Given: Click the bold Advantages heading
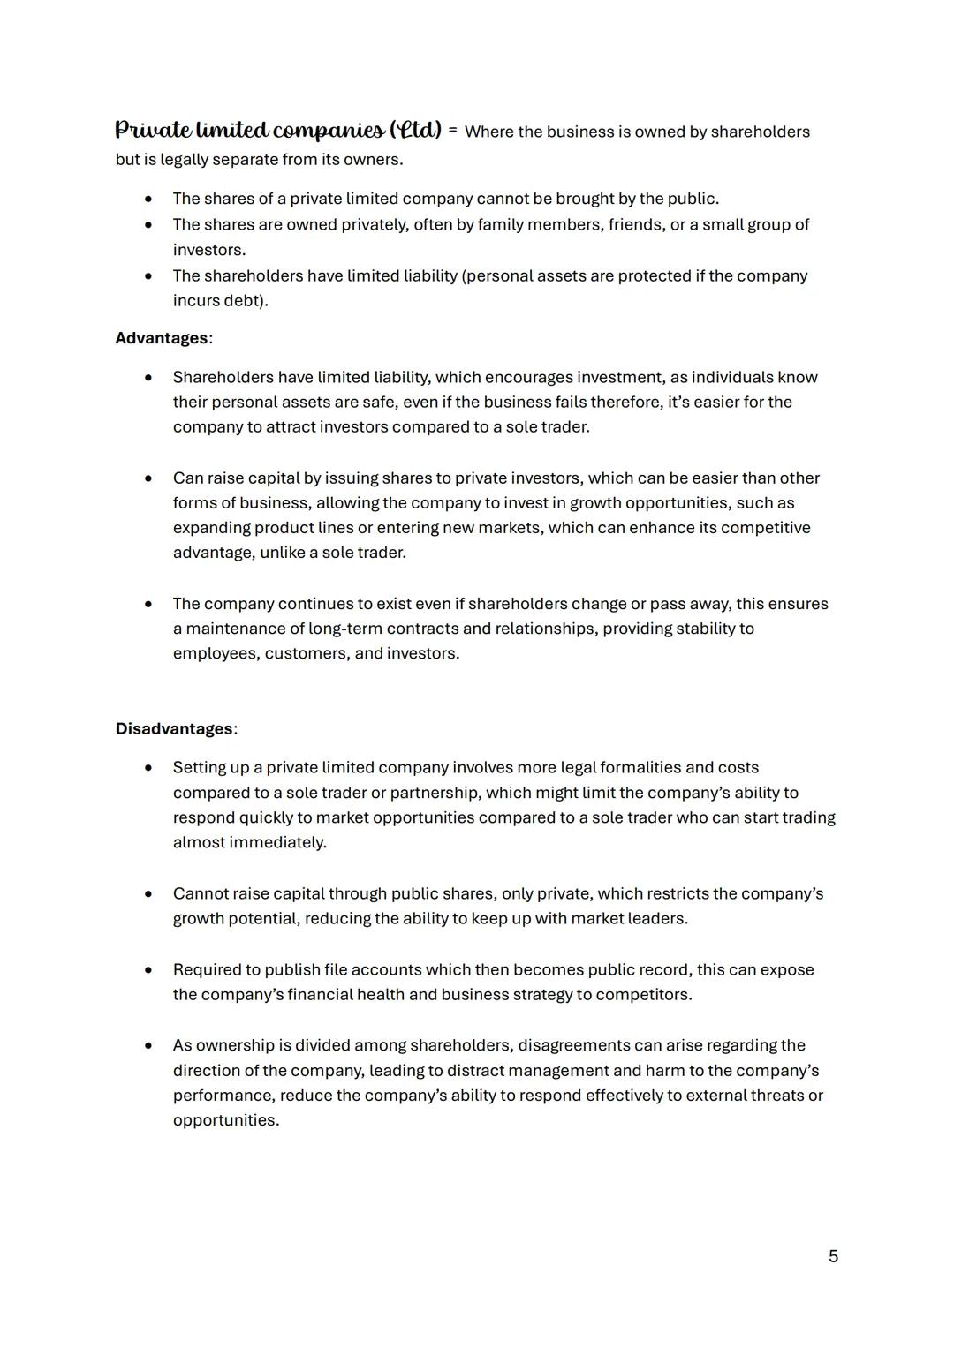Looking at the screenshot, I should click(162, 338).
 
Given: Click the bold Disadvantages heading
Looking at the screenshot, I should click(174, 729).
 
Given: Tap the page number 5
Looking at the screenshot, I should click(833, 1256).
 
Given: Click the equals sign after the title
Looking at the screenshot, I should click(452, 131).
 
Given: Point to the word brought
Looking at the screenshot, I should click(584, 199).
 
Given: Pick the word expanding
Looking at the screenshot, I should click(211, 528).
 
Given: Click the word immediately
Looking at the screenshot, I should click(277, 842).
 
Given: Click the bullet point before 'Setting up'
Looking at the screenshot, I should click(148, 768).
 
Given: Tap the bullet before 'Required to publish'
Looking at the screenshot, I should click(148, 970).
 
